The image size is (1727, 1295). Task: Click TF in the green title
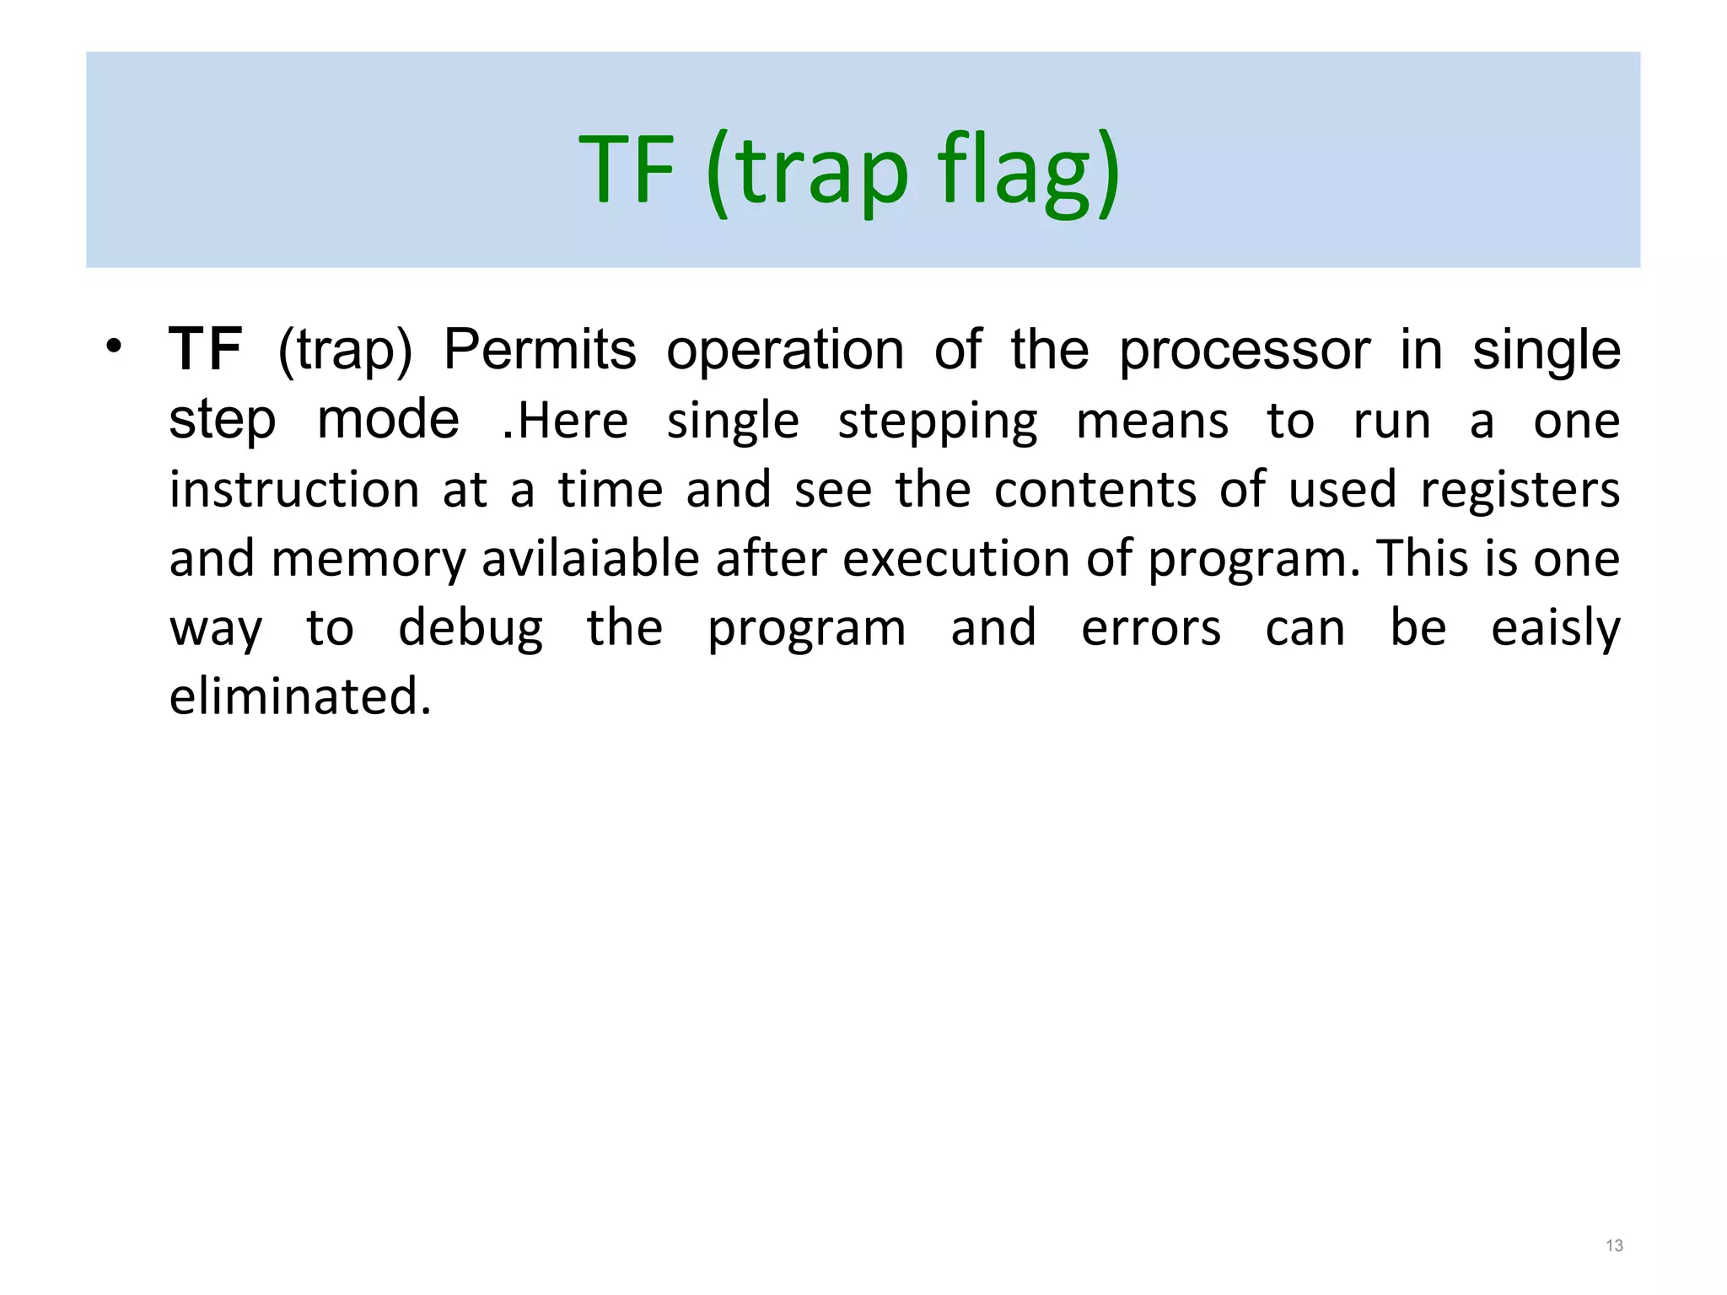click(627, 171)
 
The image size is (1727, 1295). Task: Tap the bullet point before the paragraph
click(115, 347)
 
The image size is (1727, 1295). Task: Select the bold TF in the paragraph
click(205, 350)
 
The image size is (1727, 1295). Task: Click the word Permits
click(540, 350)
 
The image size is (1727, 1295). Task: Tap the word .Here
click(565, 421)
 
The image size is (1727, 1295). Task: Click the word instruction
click(293, 490)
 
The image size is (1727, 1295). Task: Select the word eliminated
click(300, 697)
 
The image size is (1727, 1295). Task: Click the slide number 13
click(1614, 1246)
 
